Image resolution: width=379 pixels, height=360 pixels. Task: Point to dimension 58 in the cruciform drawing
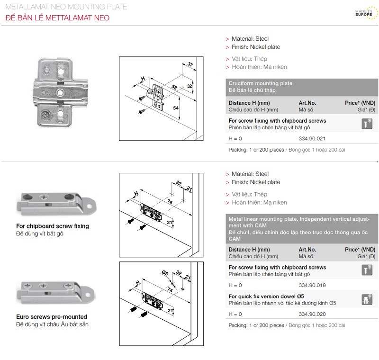pos(174,88)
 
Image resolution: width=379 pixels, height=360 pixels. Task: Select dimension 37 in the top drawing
pos(190,64)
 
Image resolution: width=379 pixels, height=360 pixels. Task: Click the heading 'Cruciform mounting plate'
pos(260,83)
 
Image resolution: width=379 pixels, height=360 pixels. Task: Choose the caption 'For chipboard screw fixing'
pos(53,226)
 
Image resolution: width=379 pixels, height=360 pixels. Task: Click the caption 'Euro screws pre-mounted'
pos(52,316)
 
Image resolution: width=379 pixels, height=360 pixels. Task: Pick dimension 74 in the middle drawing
pos(169,201)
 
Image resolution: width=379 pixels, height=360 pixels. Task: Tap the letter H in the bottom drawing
pos(136,283)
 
